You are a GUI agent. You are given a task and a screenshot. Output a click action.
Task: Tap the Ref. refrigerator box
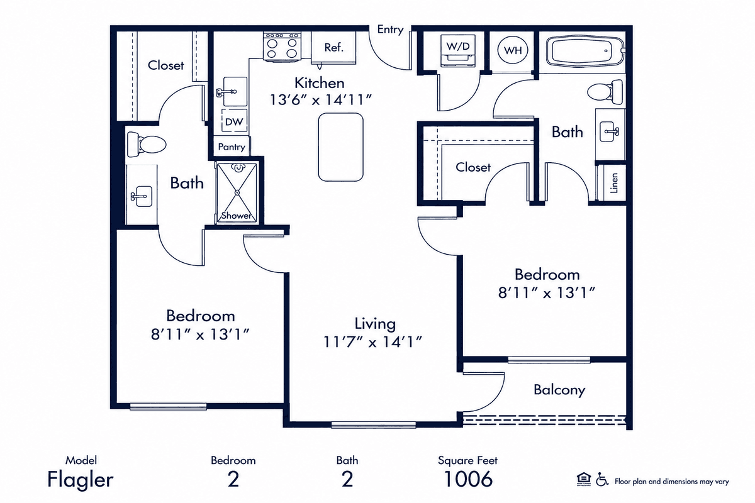(333, 47)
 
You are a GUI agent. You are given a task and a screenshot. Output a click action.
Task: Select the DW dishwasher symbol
(234, 121)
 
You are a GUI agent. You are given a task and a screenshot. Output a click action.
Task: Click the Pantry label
(232, 147)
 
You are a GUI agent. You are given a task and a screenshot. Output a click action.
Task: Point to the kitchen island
(341, 147)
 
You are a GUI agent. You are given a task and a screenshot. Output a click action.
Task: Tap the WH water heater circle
(513, 50)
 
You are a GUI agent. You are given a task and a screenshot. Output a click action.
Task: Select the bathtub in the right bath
(585, 52)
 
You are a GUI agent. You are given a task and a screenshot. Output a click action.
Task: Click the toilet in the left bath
(146, 145)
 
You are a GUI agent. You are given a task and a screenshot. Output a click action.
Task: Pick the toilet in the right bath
(605, 92)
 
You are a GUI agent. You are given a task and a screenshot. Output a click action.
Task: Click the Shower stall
(237, 192)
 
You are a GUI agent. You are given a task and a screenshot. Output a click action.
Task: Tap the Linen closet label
(614, 183)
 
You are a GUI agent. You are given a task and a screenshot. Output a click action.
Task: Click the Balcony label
(559, 390)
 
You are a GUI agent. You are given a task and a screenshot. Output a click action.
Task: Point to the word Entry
(390, 30)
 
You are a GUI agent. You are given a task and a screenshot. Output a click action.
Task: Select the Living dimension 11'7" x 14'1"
(372, 342)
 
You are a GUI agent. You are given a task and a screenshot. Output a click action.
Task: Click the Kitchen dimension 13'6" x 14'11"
(320, 100)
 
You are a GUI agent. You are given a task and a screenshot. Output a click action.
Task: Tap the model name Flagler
(81, 480)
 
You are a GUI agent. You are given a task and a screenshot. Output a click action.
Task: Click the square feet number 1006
(468, 478)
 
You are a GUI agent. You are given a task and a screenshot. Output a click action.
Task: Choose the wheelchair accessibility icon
(601, 479)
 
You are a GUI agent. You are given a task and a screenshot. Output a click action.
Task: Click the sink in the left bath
(142, 196)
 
